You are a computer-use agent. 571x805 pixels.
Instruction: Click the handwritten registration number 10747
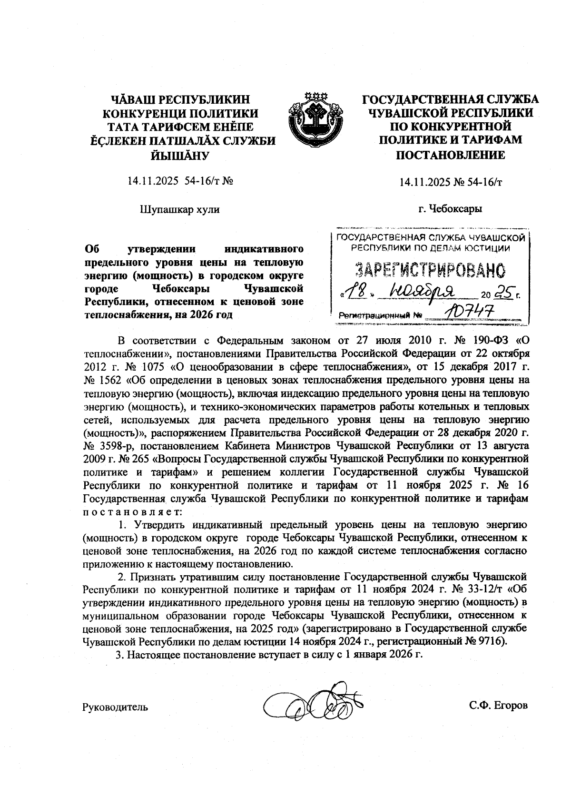point(463,313)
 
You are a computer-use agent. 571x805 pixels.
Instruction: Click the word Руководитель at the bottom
point(115,707)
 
